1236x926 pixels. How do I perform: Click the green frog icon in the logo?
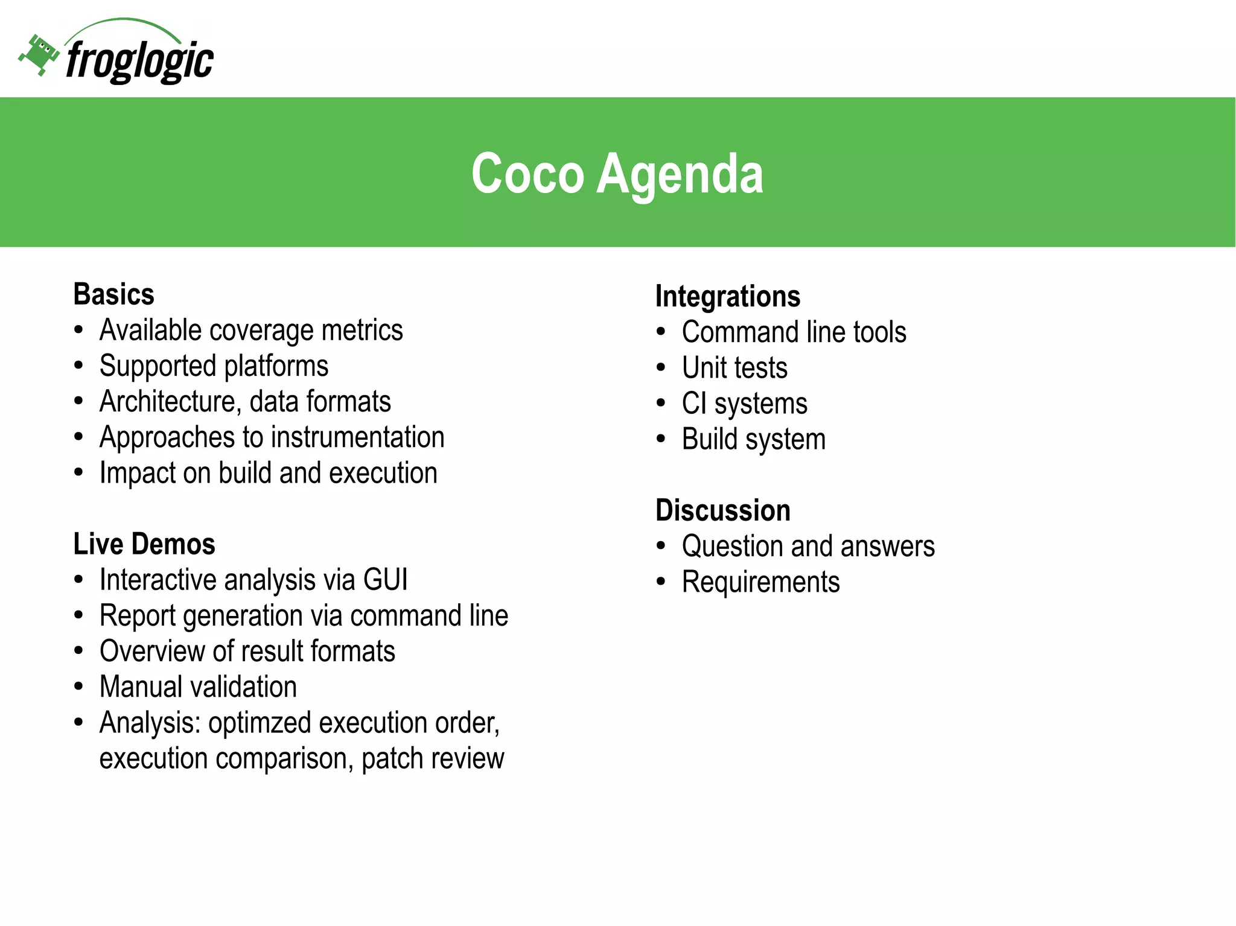tap(39, 54)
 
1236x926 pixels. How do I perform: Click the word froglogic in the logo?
tap(139, 60)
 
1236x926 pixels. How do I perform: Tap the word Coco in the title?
tap(527, 174)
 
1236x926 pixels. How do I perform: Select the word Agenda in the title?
tap(680, 174)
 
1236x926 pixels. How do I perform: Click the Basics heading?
tap(113, 294)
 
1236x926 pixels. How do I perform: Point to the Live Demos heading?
tap(144, 544)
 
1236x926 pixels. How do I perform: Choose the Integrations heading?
tap(727, 296)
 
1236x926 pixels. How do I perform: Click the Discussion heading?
tap(722, 510)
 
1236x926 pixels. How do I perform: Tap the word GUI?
tap(385, 580)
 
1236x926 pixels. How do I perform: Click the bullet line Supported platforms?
tap(214, 366)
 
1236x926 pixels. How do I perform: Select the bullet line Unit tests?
tap(734, 368)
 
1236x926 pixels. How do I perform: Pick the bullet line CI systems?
tap(744, 404)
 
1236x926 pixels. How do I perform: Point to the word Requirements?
tap(760, 582)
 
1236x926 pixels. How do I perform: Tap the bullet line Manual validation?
tap(198, 687)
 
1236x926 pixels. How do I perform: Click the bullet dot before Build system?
tap(661, 439)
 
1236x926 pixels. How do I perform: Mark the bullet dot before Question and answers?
tap(661, 546)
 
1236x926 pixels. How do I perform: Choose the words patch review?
tap(432, 758)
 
